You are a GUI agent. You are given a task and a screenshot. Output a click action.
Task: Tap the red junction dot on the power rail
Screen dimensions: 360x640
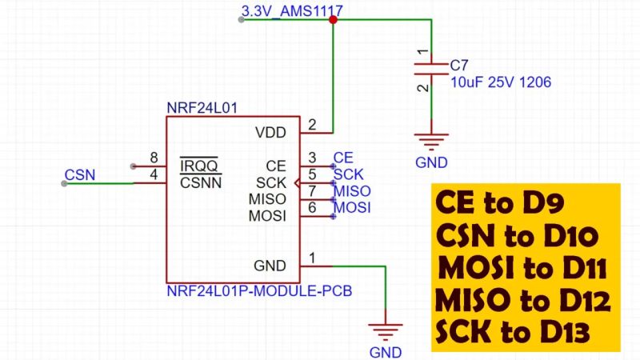tap(333, 20)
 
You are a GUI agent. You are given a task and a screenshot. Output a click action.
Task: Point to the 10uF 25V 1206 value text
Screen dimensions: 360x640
tap(500, 82)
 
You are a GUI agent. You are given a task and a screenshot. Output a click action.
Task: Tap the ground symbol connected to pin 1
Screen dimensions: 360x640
tap(386, 331)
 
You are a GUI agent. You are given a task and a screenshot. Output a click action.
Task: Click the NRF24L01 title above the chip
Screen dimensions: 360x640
tap(202, 107)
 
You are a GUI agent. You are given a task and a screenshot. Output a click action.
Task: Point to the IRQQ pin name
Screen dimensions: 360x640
tap(200, 166)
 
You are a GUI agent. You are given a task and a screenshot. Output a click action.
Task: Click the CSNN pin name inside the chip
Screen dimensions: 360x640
tap(200, 182)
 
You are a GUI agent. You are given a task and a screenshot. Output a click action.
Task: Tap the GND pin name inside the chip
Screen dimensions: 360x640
tap(269, 266)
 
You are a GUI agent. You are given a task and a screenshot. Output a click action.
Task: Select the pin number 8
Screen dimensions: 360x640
tap(154, 158)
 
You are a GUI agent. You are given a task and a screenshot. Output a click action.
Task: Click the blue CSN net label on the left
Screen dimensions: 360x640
tap(80, 174)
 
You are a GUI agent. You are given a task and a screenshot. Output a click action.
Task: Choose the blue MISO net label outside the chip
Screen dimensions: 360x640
tap(352, 192)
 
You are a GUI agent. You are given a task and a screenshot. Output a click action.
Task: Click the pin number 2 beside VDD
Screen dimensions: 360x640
tap(312, 124)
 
